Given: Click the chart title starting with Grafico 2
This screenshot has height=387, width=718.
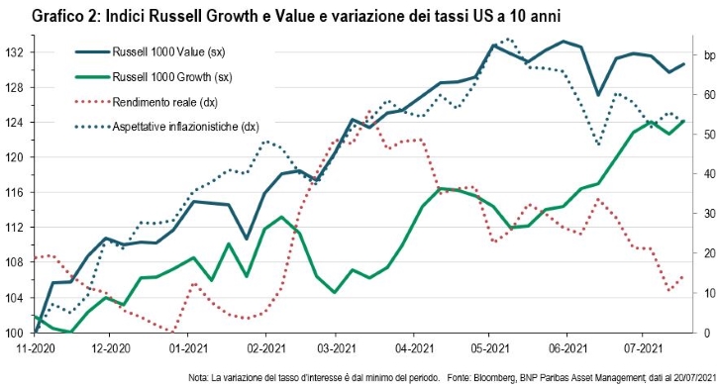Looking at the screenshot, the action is click(x=296, y=18).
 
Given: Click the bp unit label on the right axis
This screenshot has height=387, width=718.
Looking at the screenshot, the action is click(x=709, y=55).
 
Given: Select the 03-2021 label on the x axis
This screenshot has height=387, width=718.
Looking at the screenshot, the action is click(x=335, y=348).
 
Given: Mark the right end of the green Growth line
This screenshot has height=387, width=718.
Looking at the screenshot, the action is click(x=684, y=121).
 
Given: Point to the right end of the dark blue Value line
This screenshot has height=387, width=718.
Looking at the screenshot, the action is click(x=684, y=64).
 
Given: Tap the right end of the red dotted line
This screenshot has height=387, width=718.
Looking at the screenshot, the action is click(x=683, y=276).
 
